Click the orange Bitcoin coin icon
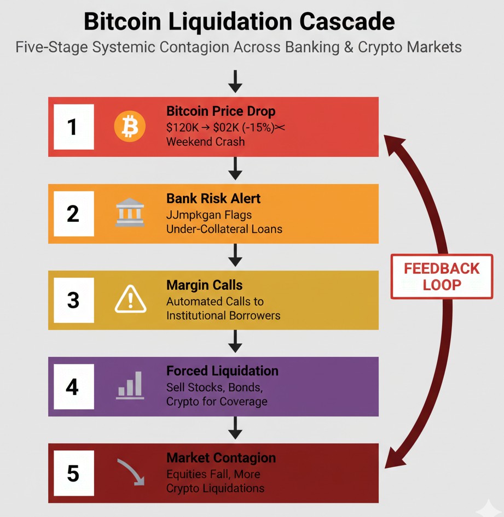(130, 126)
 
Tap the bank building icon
(130, 213)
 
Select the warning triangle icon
(130, 300)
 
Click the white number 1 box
(73, 127)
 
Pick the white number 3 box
(73, 300)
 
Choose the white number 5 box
(73, 473)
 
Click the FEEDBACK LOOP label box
(442, 277)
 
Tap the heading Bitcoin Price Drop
(221, 111)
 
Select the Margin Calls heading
(204, 285)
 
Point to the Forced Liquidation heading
(222, 371)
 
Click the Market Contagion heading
(221, 458)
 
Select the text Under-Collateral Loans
(224, 229)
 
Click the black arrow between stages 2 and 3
(235, 256)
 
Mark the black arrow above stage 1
(235, 81)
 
